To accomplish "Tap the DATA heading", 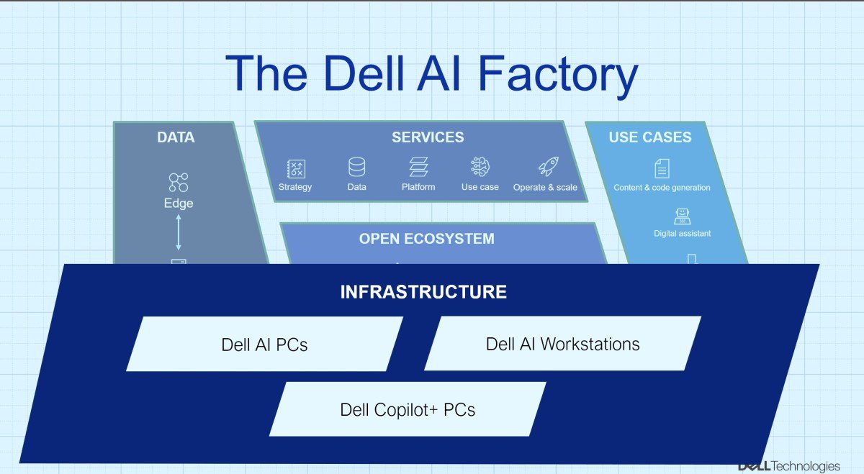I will coord(176,137).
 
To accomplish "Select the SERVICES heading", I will coord(428,137).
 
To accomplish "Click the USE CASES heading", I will coord(650,137).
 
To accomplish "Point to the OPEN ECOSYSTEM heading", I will coord(427,239).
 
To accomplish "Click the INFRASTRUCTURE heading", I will coord(423,292).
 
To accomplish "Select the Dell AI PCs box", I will coord(264,345).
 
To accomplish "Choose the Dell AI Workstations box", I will coord(562,344).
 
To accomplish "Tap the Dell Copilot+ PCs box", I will coord(408,409).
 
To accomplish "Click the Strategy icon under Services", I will coord(296,168).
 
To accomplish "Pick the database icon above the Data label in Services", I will coord(356,168).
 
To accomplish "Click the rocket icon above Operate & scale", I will coord(548,168).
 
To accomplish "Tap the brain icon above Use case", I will coord(480,168).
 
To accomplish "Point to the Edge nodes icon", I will coord(178,182).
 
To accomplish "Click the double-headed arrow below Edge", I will coord(179,233).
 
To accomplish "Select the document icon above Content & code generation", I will coord(662,168).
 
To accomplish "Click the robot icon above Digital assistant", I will coord(681,216).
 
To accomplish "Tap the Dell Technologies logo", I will coord(788,465).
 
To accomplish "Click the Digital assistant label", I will coord(682,233).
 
